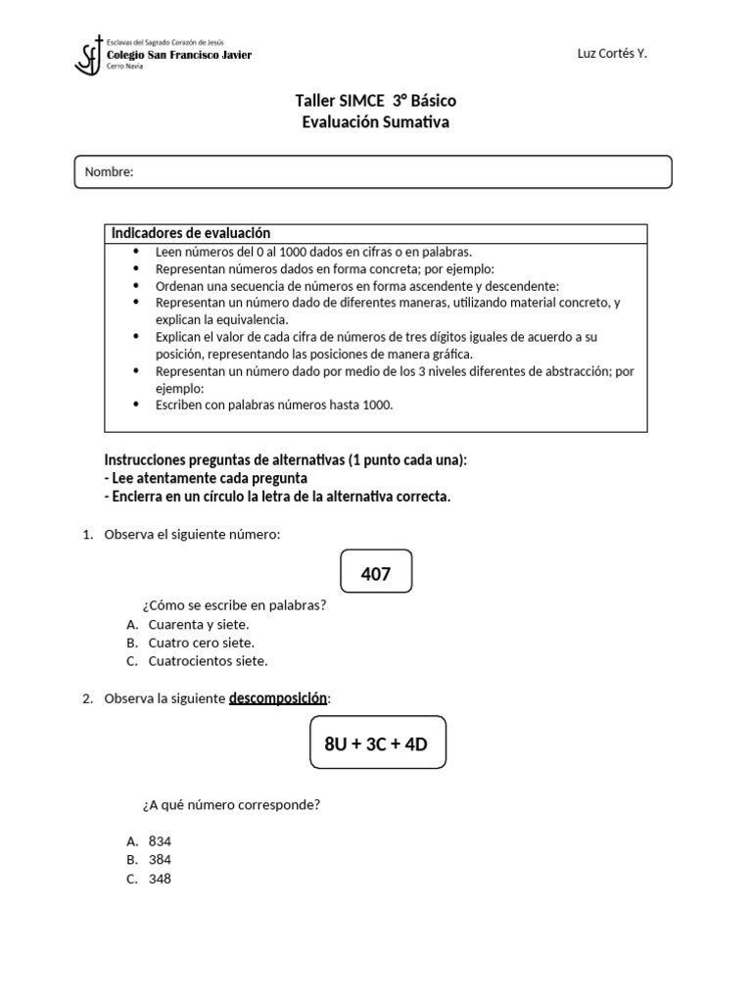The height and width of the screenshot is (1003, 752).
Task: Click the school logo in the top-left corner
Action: [x=89, y=55]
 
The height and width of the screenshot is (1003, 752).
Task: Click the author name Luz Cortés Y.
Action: [x=612, y=54]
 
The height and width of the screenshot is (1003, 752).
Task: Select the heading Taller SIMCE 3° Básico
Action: [x=375, y=101]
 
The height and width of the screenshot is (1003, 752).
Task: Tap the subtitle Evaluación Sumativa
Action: [x=375, y=121]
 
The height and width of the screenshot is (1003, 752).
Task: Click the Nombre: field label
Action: [x=109, y=172]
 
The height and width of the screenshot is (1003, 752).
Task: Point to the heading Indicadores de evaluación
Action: [x=191, y=233]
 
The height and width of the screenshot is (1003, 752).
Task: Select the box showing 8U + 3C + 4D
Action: [x=376, y=743]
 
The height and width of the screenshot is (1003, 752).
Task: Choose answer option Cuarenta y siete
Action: [x=199, y=624]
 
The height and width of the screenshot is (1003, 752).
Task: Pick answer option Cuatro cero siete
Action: [x=201, y=643]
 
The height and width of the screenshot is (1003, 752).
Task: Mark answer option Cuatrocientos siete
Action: [x=208, y=661]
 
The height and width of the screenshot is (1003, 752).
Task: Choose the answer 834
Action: [x=160, y=841]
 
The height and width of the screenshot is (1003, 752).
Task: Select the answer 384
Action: [x=160, y=860]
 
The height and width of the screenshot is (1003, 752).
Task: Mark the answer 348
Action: [x=160, y=879]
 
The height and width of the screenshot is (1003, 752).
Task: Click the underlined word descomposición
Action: [x=279, y=698]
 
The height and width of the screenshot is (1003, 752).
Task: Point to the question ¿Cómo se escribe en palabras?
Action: [x=235, y=604]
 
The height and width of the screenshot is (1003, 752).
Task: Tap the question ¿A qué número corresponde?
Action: [x=232, y=805]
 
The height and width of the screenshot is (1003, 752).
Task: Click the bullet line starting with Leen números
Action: [x=313, y=252]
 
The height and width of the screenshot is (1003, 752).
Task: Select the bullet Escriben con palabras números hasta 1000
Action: [x=274, y=405]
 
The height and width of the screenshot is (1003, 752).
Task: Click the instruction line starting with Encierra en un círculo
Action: [x=277, y=497]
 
